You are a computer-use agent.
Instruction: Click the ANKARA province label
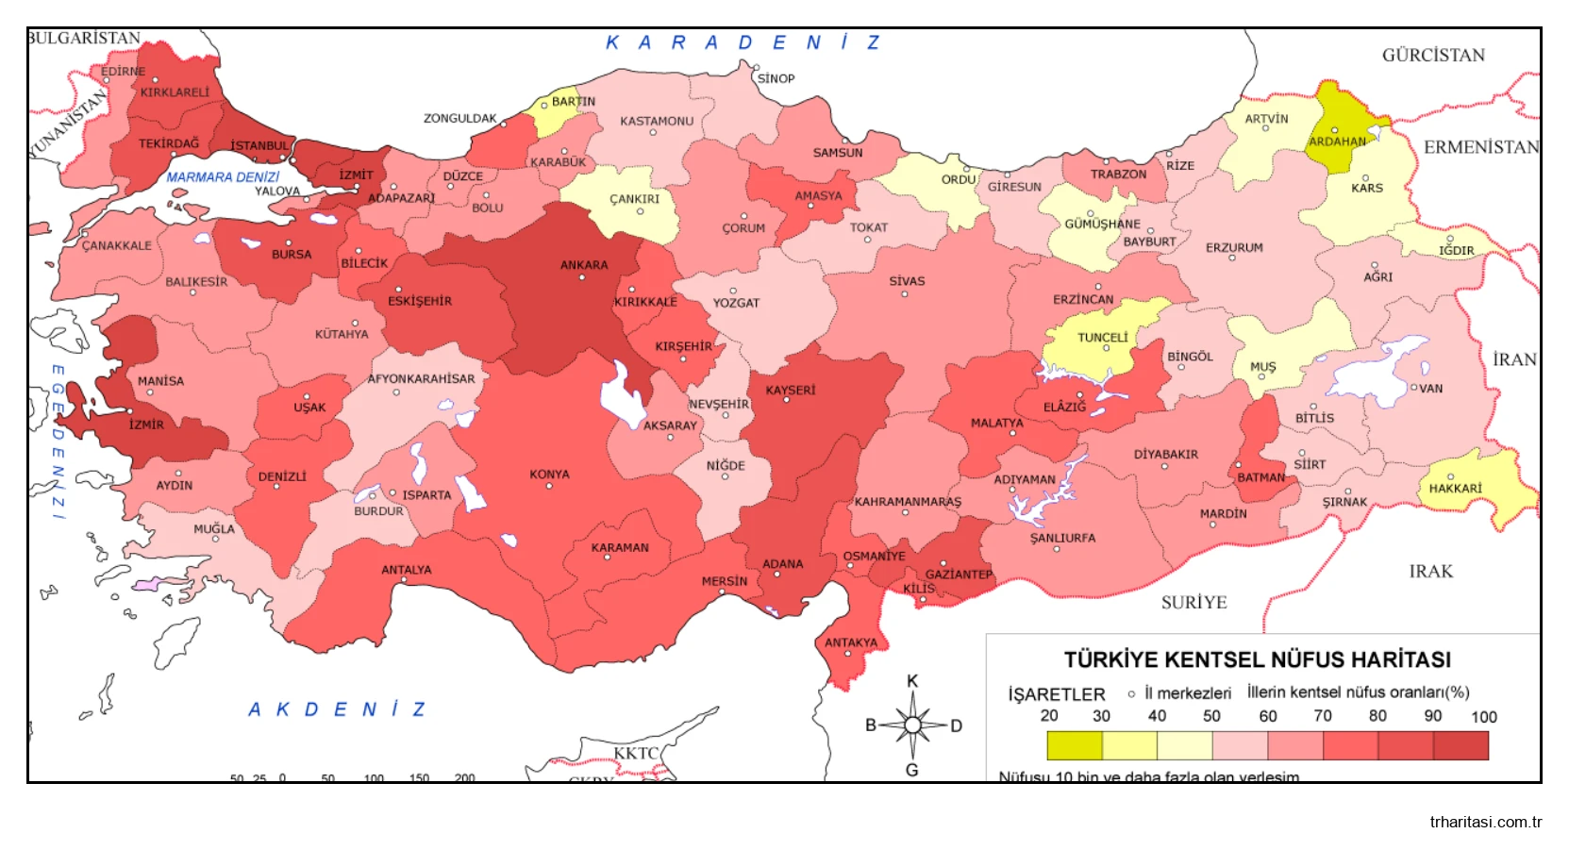coord(584,265)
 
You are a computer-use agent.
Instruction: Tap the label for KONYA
coord(549,475)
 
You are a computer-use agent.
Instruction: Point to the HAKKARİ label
coord(1455,489)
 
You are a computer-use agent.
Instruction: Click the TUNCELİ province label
coord(1102,338)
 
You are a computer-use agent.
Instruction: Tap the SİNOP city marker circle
coord(756,67)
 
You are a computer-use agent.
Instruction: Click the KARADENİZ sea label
coord(743,43)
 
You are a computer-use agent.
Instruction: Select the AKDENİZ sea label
coord(337,709)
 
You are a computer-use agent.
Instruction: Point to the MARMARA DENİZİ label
coord(223,177)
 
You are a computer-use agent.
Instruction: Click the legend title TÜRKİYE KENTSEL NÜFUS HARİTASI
coord(1258,659)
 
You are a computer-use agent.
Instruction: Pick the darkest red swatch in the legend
coord(1461,745)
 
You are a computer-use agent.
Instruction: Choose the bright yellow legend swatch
coord(1075,745)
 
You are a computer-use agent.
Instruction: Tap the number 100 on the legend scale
coord(1483,717)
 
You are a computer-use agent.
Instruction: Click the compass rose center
coord(912,725)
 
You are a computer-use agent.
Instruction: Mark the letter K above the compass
coord(912,681)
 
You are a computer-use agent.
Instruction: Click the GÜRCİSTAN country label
coord(1432,56)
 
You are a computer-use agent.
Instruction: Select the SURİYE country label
coord(1193,603)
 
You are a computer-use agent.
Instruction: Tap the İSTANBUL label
coord(259,146)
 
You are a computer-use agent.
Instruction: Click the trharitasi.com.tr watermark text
coord(1485,822)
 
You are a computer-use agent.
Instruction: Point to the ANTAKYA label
coord(851,643)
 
